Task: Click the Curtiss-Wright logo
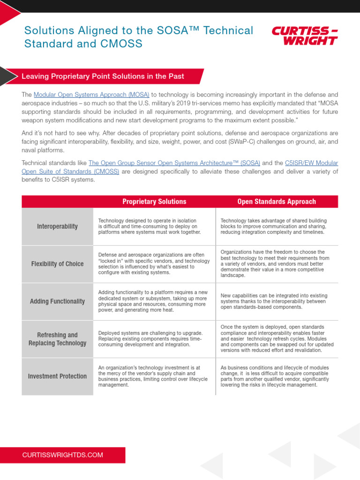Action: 305,36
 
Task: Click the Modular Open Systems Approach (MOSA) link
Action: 91,94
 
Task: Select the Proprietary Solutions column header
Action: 154,202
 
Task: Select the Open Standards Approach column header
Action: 277,202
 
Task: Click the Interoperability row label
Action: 57,226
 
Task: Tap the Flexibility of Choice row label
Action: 57,264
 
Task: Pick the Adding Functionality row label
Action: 57,301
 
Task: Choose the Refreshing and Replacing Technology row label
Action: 57,339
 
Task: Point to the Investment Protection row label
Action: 57,376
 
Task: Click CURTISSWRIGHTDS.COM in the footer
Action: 63,455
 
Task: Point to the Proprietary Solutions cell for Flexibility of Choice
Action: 154,264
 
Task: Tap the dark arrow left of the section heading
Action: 7,76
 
